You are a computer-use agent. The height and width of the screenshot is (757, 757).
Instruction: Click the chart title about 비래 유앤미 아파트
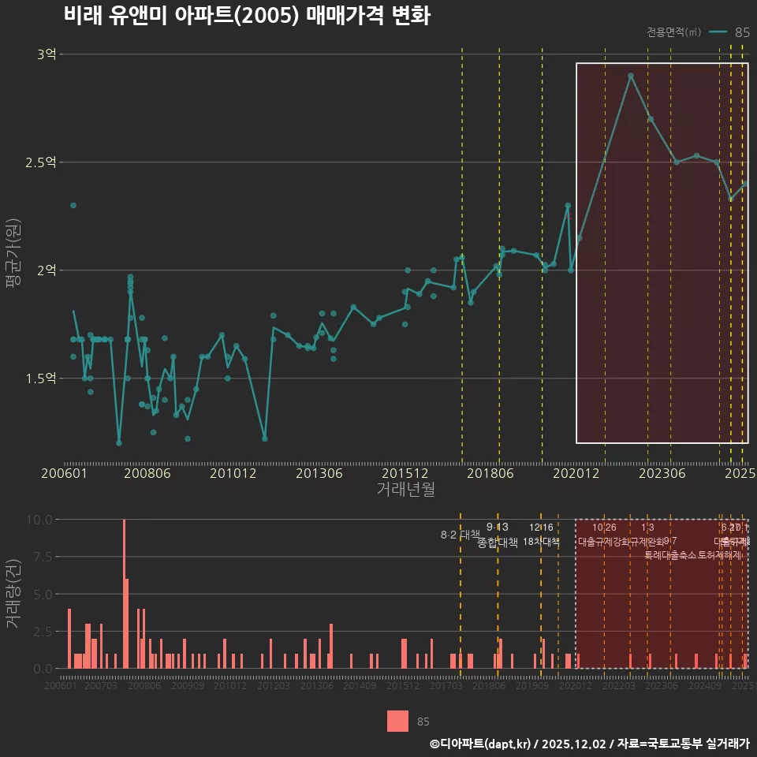click(246, 16)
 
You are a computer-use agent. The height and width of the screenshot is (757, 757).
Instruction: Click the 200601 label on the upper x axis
click(64, 474)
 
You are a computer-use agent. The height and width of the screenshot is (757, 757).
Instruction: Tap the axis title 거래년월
click(405, 489)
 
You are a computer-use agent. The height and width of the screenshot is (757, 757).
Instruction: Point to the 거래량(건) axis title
click(13, 593)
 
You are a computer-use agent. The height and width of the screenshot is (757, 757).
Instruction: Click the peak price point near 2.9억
click(631, 76)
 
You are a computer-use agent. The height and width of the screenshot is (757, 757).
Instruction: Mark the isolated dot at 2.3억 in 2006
click(73, 205)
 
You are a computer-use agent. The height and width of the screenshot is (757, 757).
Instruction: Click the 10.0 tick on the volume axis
click(39, 520)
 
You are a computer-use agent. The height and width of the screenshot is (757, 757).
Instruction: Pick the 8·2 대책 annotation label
click(461, 535)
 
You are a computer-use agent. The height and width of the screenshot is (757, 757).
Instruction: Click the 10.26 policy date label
click(604, 528)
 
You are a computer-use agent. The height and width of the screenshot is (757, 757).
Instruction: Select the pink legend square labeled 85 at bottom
click(398, 721)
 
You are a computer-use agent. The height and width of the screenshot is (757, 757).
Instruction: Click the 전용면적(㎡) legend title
click(673, 32)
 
